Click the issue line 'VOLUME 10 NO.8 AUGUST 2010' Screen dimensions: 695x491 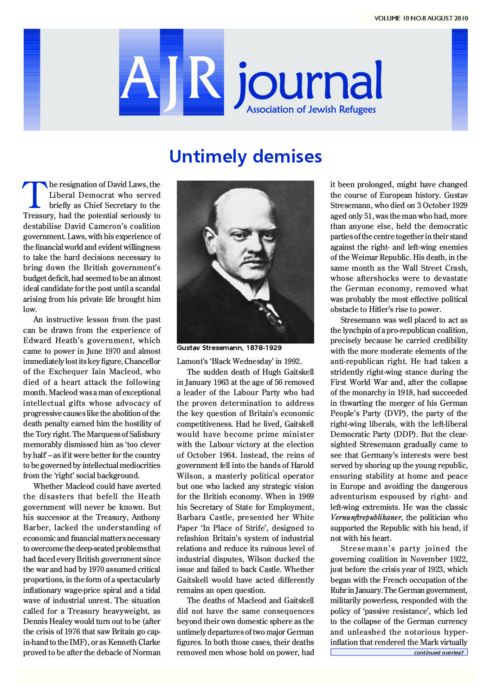click(421, 19)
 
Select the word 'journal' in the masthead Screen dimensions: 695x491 click(309, 84)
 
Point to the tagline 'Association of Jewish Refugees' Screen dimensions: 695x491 click(311, 110)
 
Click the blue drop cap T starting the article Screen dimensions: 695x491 click(34, 195)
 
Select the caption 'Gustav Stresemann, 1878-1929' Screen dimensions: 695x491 click(229, 348)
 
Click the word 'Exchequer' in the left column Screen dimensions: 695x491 click(70, 372)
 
